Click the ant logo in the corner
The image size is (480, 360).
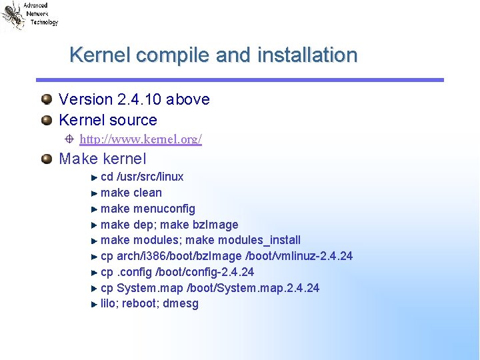point(12,15)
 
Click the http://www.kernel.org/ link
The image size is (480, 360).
point(141,139)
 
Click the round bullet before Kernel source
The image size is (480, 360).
point(46,121)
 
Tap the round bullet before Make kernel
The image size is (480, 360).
point(46,159)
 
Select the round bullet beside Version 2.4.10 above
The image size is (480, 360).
point(46,99)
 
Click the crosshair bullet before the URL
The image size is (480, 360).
point(69,139)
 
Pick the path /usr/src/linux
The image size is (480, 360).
point(150,177)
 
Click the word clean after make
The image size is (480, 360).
point(147,193)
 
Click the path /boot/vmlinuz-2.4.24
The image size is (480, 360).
point(299,256)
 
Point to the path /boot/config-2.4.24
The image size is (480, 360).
point(204,272)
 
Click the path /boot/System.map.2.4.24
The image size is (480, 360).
point(253,288)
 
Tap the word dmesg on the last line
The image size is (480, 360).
point(181,304)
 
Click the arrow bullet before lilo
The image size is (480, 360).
point(94,304)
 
